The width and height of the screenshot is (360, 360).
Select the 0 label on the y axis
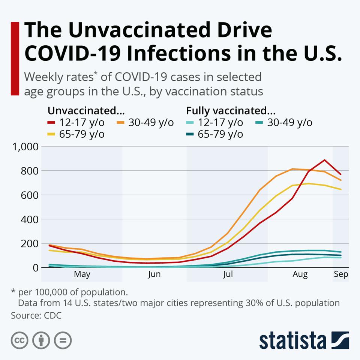(x=35, y=268)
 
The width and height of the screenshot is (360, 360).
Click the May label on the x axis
(x=82, y=274)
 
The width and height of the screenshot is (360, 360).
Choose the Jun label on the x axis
(x=154, y=274)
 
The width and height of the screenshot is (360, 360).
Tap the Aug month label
(x=300, y=274)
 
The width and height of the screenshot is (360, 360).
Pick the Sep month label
(x=341, y=274)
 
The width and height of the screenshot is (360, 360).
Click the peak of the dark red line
(x=325, y=160)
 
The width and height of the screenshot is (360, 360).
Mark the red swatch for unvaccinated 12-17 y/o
(x=51, y=123)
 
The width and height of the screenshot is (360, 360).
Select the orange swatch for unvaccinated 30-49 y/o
(x=121, y=123)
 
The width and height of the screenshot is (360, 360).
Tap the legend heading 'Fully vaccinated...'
(x=231, y=111)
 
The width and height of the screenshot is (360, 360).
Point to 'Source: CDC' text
(x=36, y=315)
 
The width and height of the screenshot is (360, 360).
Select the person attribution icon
(x=41, y=340)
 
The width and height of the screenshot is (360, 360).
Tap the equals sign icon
(x=63, y=340)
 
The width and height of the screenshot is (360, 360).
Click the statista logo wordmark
(x=292, y=340)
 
